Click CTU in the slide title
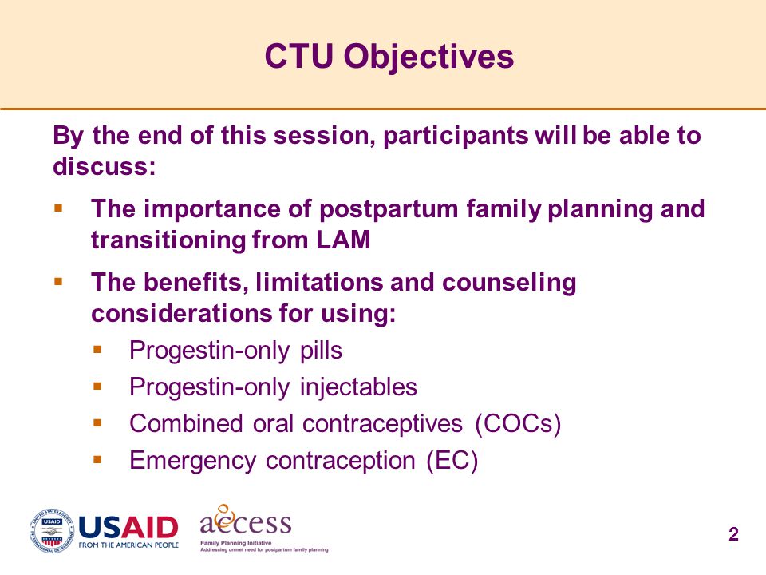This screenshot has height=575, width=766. (298, 56)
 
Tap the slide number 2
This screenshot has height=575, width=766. (733, 534)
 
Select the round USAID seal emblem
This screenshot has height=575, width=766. (53, 531)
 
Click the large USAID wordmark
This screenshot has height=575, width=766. (128, 528)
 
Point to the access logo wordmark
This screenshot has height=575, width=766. (246, 521)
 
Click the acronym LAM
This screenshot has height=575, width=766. (343, 240)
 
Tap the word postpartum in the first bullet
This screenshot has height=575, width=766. (389, 210)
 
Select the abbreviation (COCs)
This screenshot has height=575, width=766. (518, 424)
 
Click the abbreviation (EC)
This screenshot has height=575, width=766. (452, 461)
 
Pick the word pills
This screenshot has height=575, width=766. (321, 350)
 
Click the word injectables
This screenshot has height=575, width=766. (358, 387)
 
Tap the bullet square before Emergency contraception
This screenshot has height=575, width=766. (97, 460)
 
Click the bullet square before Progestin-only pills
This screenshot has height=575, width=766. (97, 350)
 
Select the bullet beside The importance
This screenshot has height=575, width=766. (58, 208)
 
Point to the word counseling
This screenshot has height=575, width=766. (509, 284)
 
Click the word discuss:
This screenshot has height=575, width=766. (104, 166)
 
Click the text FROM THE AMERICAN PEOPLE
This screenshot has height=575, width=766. (128, 545)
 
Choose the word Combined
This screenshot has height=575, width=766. (186, 423)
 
